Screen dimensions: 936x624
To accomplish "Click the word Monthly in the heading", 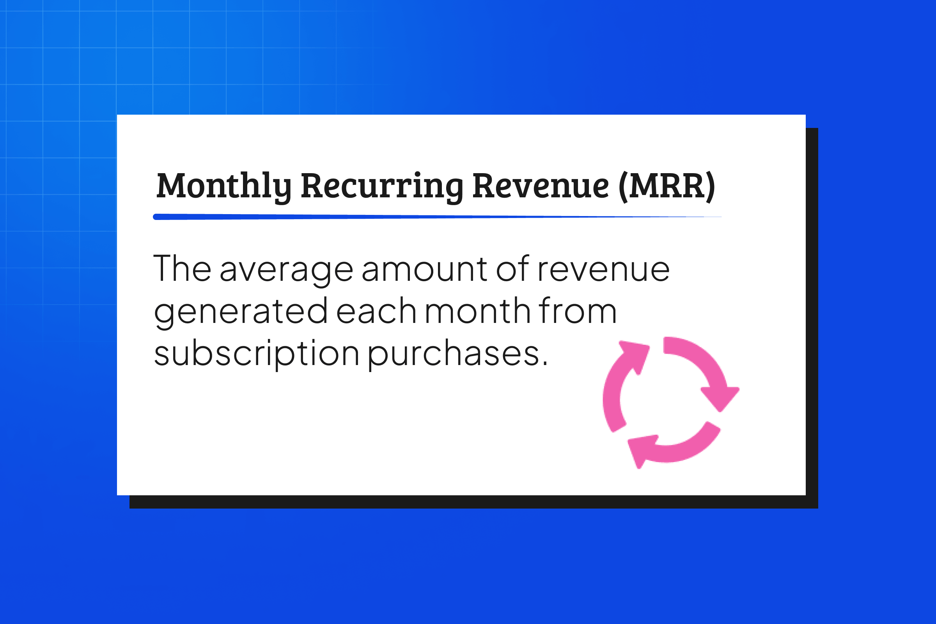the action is tap(224, 186).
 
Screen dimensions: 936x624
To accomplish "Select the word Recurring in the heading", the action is tap(382, 186).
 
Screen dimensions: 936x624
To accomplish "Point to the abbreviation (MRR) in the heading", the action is tap(667, 187).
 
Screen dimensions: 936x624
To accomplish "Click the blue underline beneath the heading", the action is tap(437, 217).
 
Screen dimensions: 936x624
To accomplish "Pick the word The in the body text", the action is tap(182, 269).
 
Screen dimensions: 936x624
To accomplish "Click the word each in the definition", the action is tap(376, 310).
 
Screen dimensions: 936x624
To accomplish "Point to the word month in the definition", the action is tap(477, 310).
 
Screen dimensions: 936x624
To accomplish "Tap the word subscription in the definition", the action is tap(257, 354).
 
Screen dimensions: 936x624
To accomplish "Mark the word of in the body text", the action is tap(512, 269).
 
